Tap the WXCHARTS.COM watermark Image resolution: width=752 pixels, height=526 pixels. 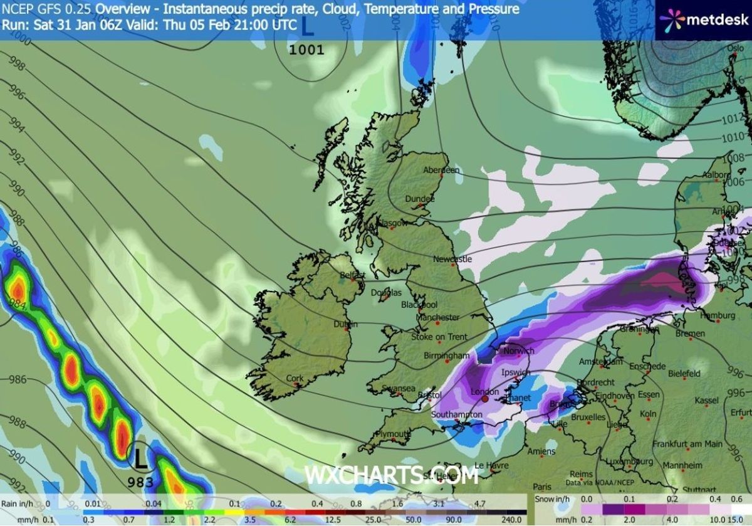point(391,475)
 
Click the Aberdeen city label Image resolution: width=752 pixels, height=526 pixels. point(441,170)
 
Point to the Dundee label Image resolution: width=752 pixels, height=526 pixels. point(420,198)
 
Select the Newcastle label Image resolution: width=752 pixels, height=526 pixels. point(452,259)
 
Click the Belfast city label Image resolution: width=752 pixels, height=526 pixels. point(352,275)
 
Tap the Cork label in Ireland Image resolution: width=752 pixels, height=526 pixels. point(295,378)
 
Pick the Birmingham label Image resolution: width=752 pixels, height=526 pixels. point(447,355)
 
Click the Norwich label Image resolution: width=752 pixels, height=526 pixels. point(518,351)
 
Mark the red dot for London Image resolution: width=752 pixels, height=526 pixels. point(484,398)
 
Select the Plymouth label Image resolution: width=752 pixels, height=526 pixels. point(392,434)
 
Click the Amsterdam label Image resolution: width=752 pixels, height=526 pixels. point(600,362)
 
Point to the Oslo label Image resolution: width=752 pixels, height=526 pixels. point(734,48)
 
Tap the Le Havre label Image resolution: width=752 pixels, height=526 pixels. point(491,465)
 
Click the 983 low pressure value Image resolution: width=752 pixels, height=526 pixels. point(140,482)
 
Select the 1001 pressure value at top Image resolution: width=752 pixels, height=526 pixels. point(306,49)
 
